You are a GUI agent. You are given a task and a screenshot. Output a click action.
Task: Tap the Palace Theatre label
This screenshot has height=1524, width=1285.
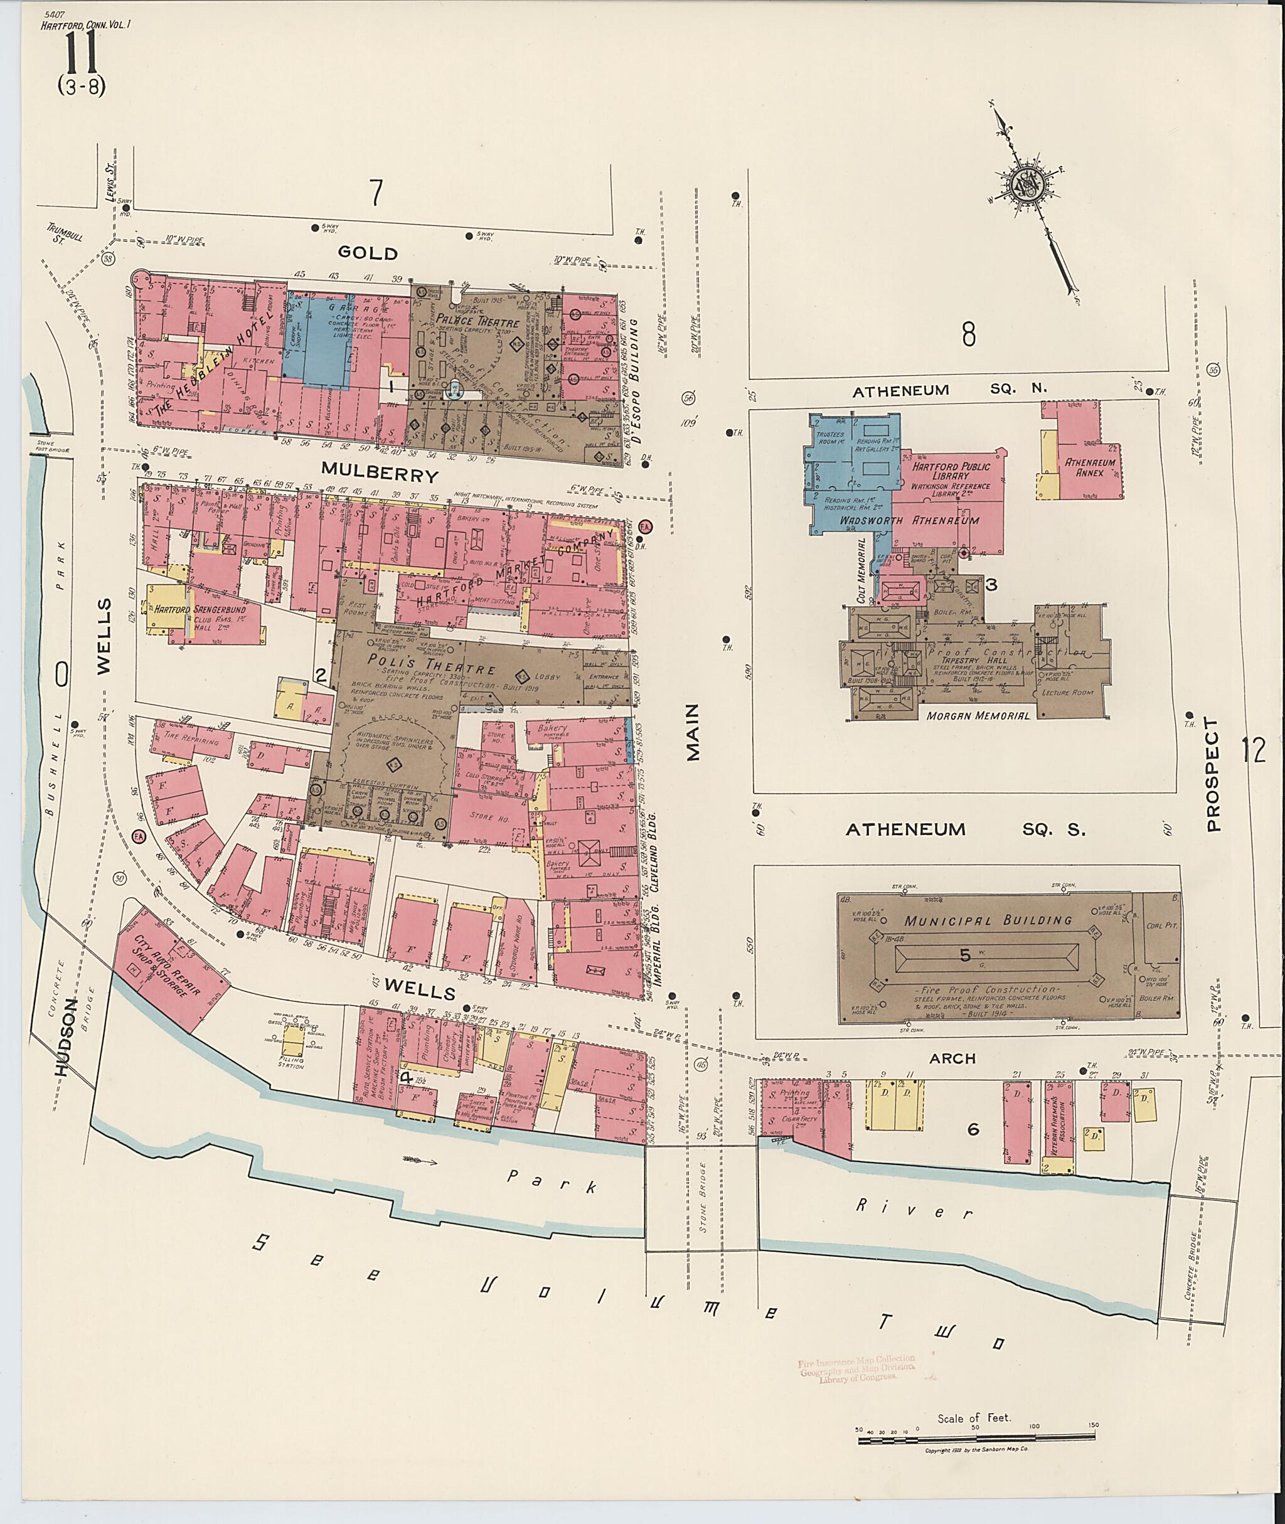(x=479, y=321)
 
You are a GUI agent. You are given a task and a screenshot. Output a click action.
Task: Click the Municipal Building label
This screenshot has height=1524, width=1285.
(x=988, y=921)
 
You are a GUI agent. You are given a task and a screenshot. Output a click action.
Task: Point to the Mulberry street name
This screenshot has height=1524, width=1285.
(x=380, y=476)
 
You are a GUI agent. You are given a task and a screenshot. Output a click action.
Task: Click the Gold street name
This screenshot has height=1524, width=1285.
(x=368, y=253)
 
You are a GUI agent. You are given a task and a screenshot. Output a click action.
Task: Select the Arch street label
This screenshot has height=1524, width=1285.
(x=952, y=1058)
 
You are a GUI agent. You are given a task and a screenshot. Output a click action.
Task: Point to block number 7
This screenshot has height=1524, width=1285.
(x=375, y=193)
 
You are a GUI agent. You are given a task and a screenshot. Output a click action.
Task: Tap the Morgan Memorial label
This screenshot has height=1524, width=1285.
(x=978, y=715)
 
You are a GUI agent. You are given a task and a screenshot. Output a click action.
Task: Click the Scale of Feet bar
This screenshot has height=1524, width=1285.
(x=976, y=1437)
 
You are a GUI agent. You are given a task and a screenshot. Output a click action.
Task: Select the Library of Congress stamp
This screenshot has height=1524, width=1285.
(x=856, y=1369)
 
